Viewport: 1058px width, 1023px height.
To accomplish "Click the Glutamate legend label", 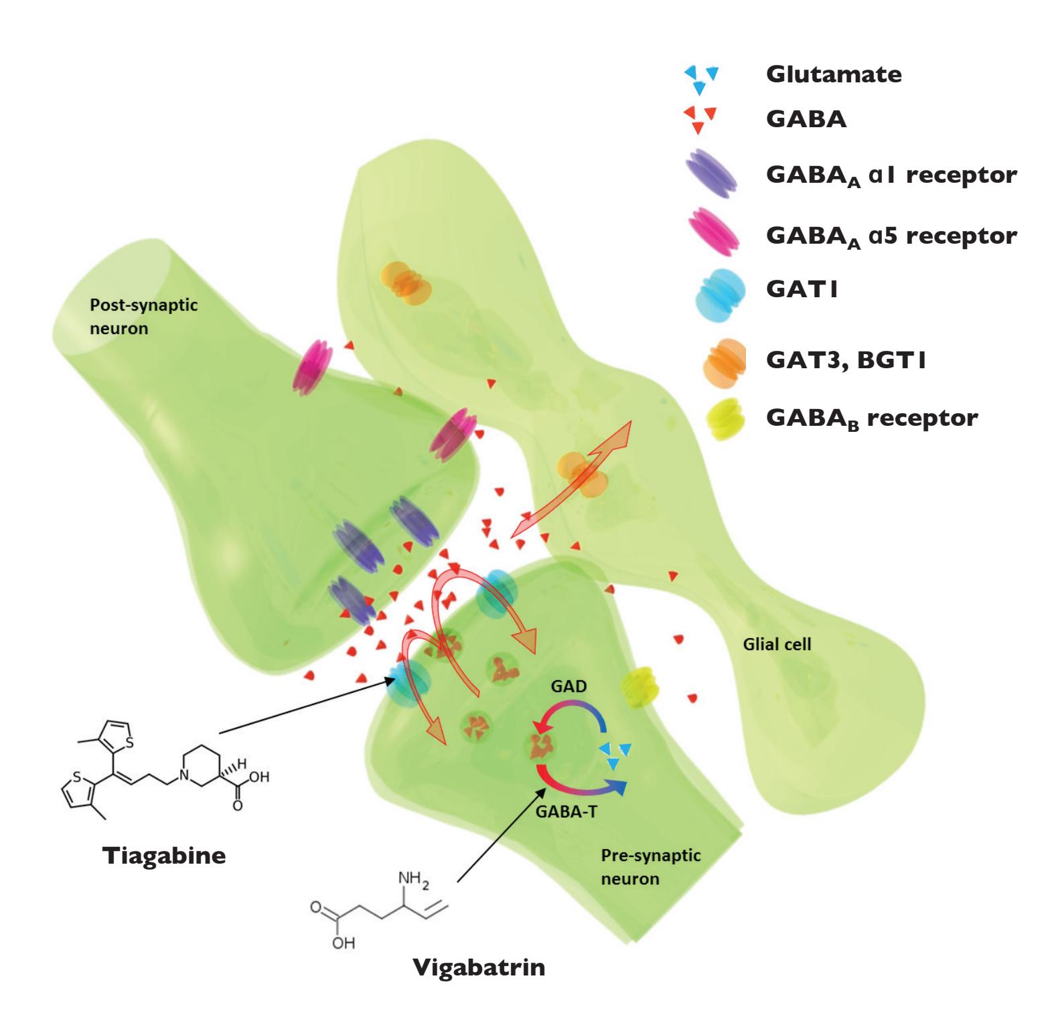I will pos(834,74).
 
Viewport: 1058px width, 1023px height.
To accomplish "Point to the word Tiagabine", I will pos(164,856).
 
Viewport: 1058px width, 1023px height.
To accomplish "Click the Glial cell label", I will pos(777,645).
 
